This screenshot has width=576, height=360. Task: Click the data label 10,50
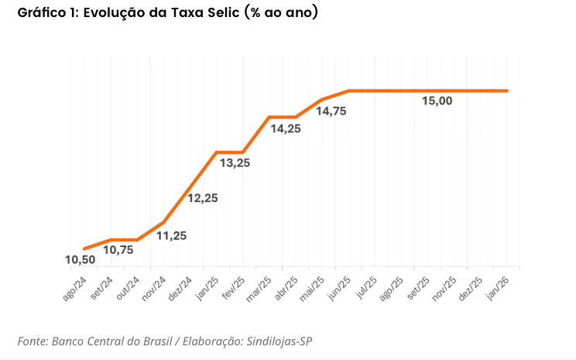click(x=79, y=260)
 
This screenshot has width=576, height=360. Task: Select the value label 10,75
click(x=118, y=250)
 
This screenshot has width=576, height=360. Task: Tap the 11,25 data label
click(x=171, y=235)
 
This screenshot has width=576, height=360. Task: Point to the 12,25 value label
click(x=202, y=198)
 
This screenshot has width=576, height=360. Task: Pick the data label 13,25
click(x=235, y=163)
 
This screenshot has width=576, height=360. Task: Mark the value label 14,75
click(x=331, y=111)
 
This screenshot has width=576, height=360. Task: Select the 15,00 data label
click(x=437, y=101)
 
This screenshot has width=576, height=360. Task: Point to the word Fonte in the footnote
click(x=32, y=341)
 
